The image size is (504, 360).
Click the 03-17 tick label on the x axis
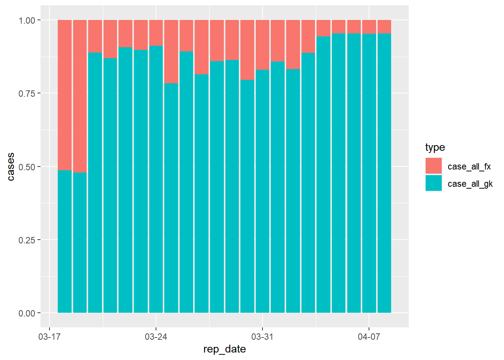[49, 337]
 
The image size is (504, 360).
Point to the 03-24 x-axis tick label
[156, 337]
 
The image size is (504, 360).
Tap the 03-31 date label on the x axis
[262, 337]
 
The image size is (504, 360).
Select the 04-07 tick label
[369, 337]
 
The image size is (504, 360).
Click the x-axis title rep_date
[225, 349]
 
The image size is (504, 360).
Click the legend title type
[435, 147]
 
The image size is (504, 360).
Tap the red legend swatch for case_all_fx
[433, 166]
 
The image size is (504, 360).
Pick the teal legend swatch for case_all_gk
[433, 183]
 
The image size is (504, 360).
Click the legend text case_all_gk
[470, 184]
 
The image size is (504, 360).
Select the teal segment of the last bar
[384, 172]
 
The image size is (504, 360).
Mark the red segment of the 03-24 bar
[156, 33]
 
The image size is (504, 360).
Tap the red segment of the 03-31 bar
[262, 45]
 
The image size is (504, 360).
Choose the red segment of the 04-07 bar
[369, 27]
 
